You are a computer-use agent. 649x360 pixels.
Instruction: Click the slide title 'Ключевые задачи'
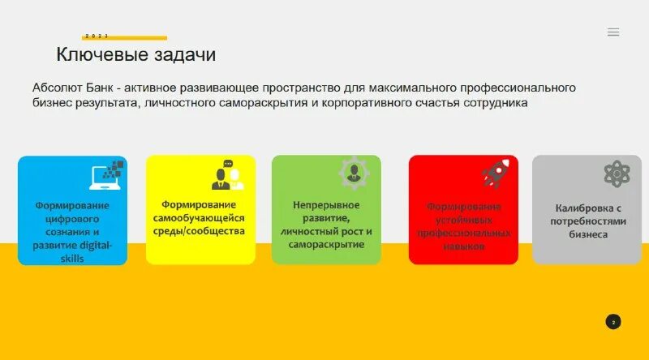coord(135,54)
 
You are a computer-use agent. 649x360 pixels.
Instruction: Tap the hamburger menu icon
coord(613,32)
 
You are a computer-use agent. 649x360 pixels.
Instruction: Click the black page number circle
coord(613,322)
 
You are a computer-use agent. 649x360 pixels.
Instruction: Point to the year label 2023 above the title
coord(97,36)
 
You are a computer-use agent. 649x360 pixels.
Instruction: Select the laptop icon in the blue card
coord(107,174)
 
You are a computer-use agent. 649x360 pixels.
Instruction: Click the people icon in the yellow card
coord(228,175)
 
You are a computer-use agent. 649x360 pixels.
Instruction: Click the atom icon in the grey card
coord(617,174)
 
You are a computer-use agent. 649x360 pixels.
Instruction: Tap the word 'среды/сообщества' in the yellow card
coord(199,231)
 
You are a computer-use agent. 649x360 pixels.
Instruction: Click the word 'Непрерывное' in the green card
coord(325,204)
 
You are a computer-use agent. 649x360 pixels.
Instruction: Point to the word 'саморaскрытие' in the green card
coord(325,244)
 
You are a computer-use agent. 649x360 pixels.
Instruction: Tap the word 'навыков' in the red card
coord(463,246)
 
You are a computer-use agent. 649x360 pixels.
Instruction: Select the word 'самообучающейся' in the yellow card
coord(199,218)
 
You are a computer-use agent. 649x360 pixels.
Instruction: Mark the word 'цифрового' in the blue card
coord(72,219)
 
